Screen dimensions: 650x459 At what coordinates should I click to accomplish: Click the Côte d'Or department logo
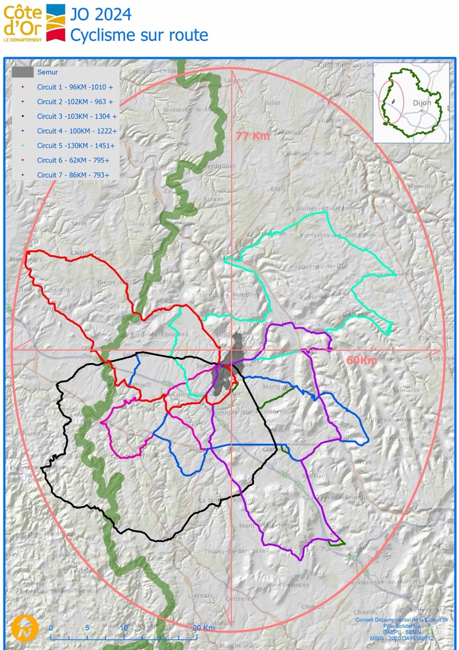pos(35,23)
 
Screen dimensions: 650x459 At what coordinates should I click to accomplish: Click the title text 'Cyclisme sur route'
pos(139,35)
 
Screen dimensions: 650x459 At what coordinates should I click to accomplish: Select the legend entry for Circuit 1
pos(75,87)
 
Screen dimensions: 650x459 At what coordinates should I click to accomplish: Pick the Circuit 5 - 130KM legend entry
pos(76,146)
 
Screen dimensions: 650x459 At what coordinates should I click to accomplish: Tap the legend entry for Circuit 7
pos(74,175)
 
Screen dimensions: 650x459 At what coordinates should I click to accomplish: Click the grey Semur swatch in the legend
pos(23,73)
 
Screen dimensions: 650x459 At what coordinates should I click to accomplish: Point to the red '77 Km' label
pos(252,136)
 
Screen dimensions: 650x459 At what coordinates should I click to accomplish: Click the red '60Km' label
pos(362,360)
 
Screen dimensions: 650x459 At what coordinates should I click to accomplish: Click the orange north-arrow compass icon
pos(25,628)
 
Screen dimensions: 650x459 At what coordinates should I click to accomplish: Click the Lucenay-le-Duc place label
pos(321,267)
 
